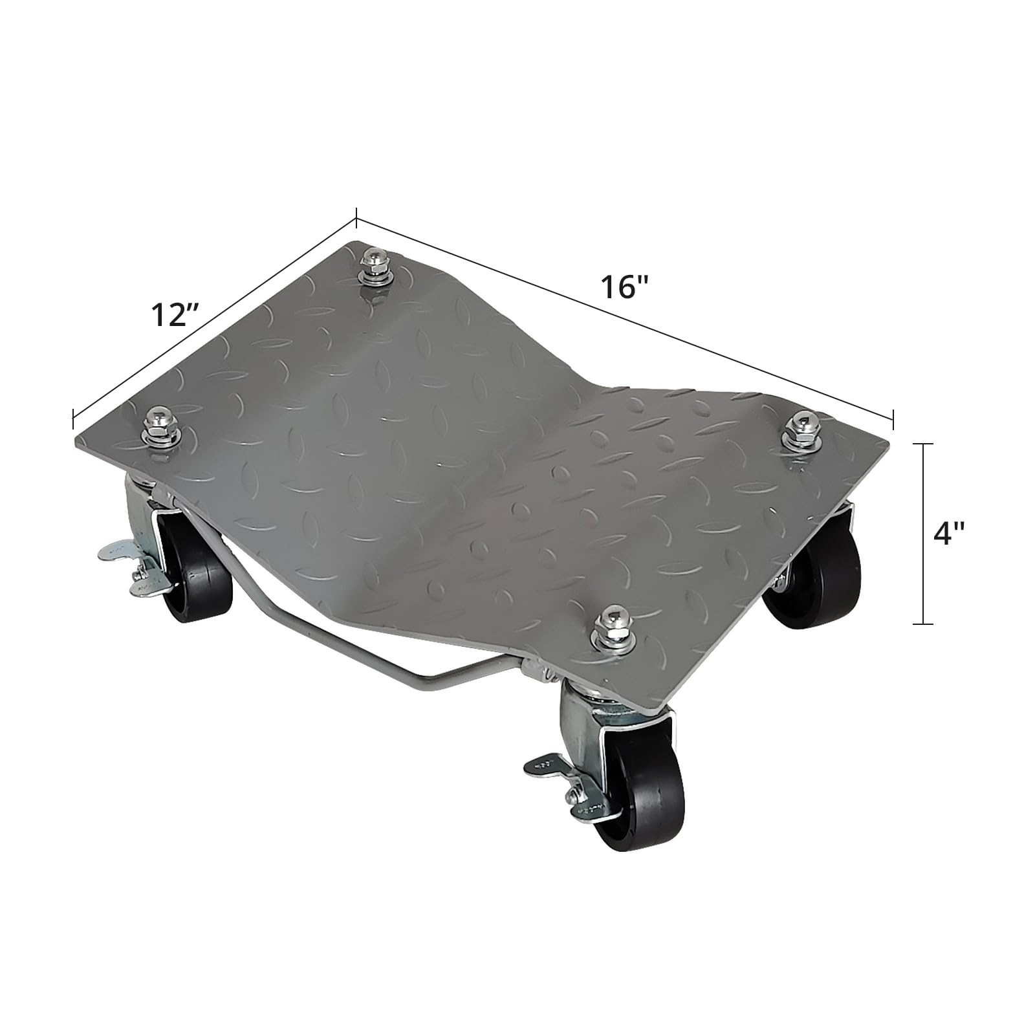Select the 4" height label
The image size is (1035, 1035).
(x=949, y=534)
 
